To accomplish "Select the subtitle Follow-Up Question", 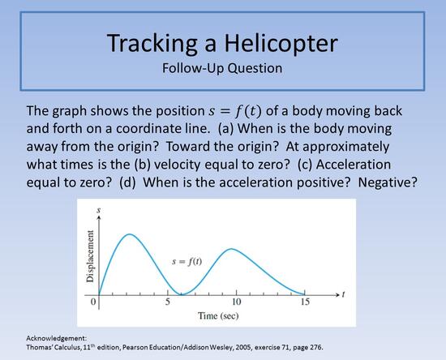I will pos(222,67).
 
